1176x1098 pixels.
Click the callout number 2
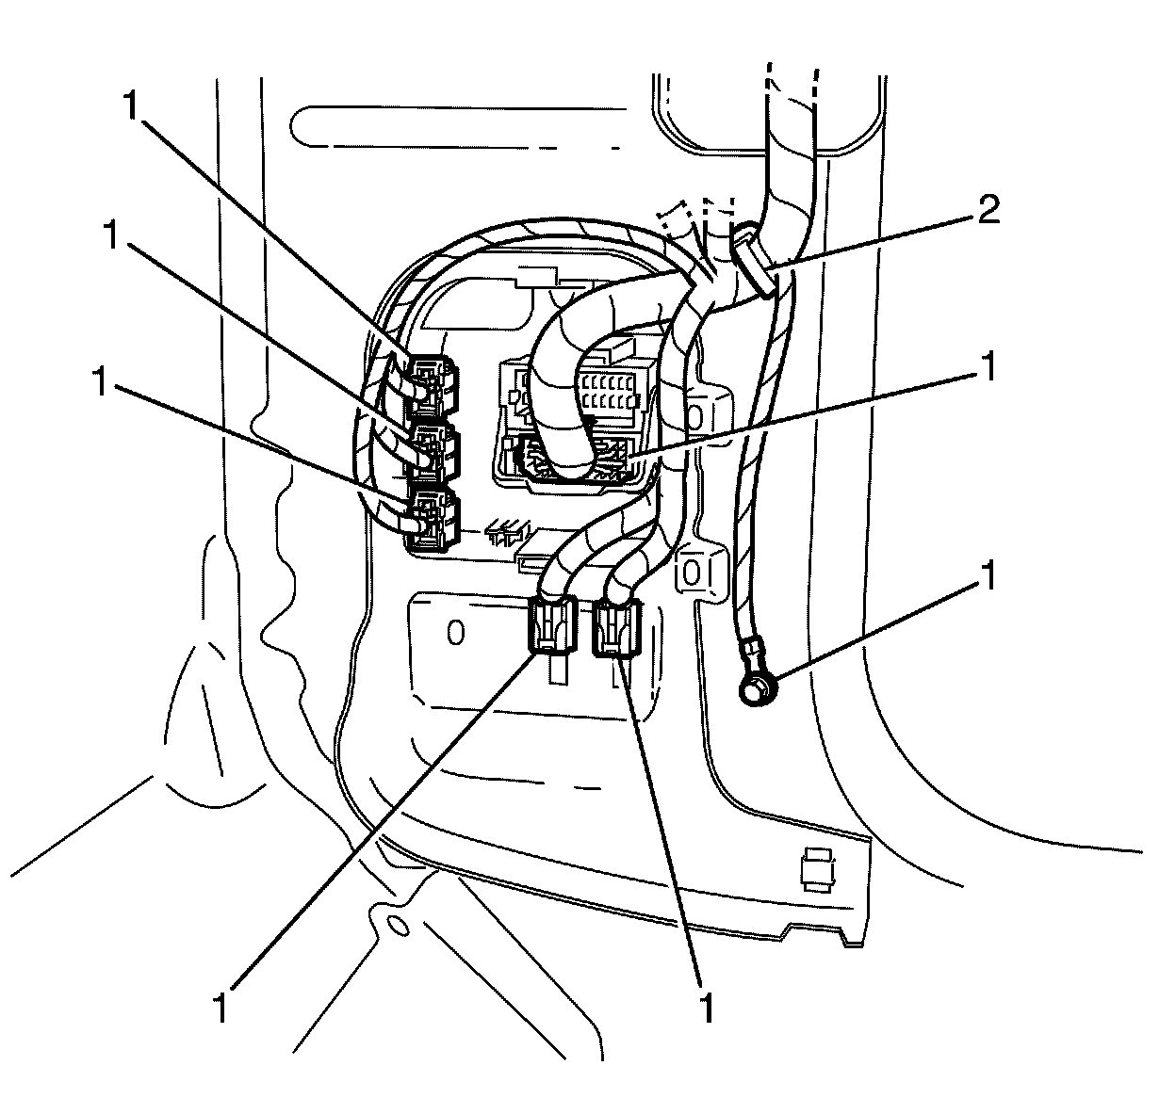988,210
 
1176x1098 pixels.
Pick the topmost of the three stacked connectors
433,385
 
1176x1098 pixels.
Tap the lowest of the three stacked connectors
433,520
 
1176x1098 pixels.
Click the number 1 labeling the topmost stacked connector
132,105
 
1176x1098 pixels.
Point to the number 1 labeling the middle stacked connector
111,235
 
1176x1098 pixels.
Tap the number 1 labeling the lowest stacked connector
100,380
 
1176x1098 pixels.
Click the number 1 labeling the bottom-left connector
220,1008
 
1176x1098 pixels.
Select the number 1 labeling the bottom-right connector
707,1007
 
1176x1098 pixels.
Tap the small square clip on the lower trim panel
817,870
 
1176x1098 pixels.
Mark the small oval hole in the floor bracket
400,926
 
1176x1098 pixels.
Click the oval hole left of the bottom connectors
455,633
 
